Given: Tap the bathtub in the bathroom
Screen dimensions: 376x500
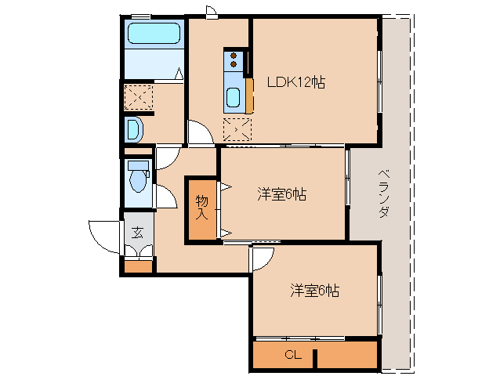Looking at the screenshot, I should coord(154,34).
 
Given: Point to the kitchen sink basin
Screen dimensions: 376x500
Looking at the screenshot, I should coord(234,98).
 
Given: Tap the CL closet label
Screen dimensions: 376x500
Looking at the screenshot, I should coord(292,355).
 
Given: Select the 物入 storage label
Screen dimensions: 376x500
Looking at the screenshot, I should coord(201,205).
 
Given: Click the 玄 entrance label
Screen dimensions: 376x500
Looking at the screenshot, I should coord(137,232).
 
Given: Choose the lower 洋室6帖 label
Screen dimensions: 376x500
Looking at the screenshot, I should coord(314,291).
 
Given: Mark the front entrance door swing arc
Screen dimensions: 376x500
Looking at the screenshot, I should coord(105,233).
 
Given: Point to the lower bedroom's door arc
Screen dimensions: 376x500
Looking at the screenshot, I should coord(263,259).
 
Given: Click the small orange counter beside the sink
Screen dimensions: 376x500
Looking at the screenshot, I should coord(250,96).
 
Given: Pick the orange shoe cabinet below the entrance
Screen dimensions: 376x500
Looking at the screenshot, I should coord(139,266).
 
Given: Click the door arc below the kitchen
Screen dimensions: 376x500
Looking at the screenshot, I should coord(201,133).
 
